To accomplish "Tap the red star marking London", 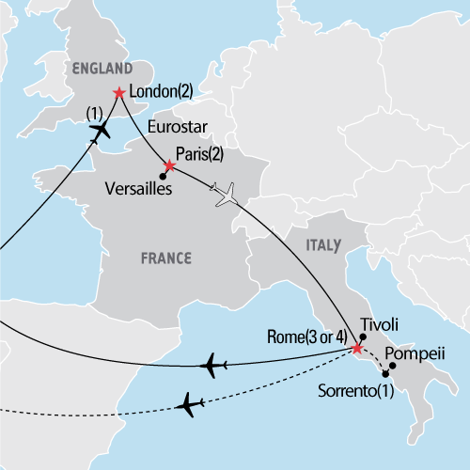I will pyautogui.click(x=118, y=93).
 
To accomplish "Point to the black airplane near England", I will pyautogui.click(x=98, y=133).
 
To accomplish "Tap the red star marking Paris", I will pyautogui.click(x=169, y=166).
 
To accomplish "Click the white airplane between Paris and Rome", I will pyautogui.click(x=227, y=195).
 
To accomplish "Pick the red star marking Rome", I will pyautogui.click(x=356, y=350).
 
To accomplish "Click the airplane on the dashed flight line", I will pyautogui.click(x=191, y=404).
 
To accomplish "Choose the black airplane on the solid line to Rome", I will pyautogui.click(x=215, y=364).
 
